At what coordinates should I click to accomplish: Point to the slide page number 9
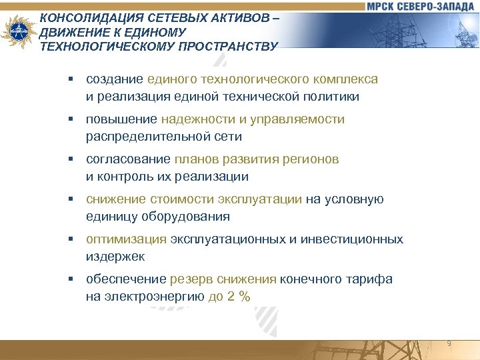(x=449, y=343)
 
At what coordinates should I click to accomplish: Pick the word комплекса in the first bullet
(x=347, y=79)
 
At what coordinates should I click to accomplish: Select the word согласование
(x=129, y=159)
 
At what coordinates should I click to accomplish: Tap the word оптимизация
(x=126, y=239)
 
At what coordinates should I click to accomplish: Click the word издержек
(x=115, y=257)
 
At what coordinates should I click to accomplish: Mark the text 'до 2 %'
(x=229, y=297)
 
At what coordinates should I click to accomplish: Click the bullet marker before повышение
(x=69, y=119)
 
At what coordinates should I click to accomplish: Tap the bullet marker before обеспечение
(x=69, y=279)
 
